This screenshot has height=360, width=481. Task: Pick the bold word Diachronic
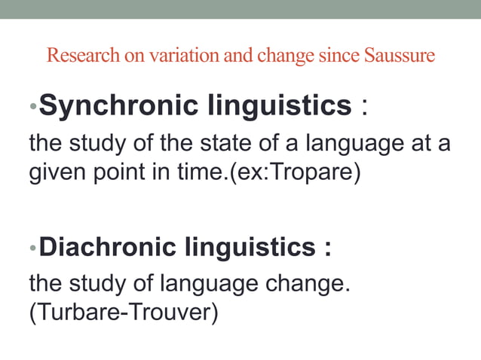click(x=106, y=247)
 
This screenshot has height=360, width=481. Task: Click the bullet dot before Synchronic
click(x=32, y=108)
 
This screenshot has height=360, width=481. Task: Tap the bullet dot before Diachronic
click(x=32, y=248)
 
